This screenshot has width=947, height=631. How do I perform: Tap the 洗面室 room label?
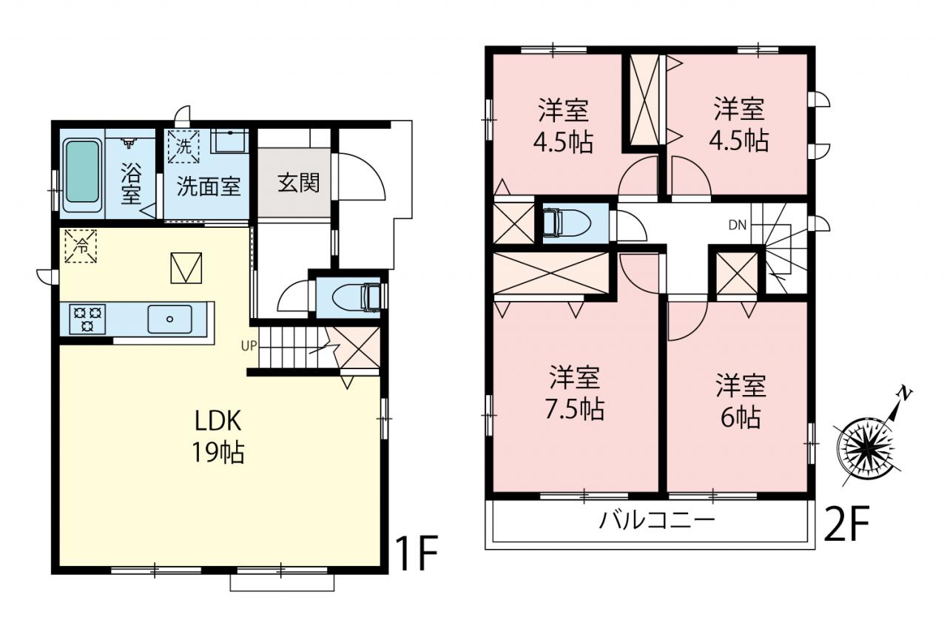click(209, 186)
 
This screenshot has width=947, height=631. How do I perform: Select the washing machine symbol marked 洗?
click(183, 146)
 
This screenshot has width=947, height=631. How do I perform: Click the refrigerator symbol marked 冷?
click(81, 246)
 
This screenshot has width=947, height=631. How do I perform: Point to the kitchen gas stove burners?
click(88, 319)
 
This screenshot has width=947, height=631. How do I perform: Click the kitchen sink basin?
click(170, 319)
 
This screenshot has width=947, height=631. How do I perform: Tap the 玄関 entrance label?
click(298, 183)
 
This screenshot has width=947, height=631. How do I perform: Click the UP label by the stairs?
click(249, 345)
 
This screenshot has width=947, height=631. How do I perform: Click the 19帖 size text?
click(218, 452)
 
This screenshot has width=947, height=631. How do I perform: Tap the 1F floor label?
click(417, 553)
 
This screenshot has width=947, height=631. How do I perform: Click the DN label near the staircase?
click(738, 226)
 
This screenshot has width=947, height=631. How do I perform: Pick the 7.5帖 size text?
click(575, 408)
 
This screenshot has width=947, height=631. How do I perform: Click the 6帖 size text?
click(741, 417)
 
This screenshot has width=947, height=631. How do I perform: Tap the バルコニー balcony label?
click(657, 521)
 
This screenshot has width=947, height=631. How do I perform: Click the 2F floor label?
click(846, 523)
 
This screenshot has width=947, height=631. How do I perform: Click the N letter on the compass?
click(904, 393)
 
